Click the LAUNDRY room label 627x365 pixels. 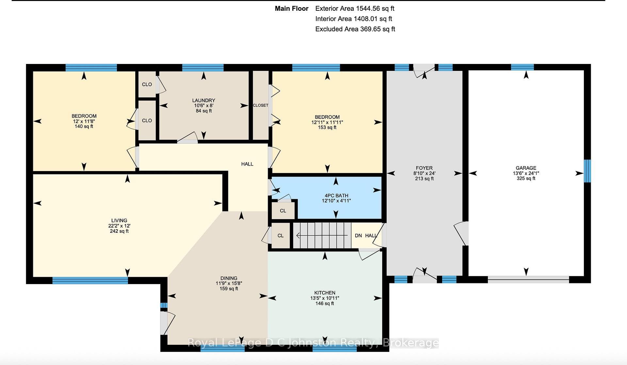[x=203, y=100]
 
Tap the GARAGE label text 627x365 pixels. [x=526, y=168]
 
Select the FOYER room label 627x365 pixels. [x=424, y=168]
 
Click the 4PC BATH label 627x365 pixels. [x=336, y=196]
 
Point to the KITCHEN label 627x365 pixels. [x=325, y=293]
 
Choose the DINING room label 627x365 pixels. [x=229, y=278]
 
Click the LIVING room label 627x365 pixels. [x=119, y=220]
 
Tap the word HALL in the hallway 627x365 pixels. [x=247, y=164]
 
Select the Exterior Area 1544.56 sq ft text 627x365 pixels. [x=355, y=8]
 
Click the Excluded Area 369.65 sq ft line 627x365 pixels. [x=355, y=29]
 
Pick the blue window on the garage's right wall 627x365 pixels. [x=587, y=171]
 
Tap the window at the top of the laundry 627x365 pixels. [x=203, y=68]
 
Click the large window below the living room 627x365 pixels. [x=90, y=280]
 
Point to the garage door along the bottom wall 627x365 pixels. [x=528, y=279]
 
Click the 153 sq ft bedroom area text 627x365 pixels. [x=327, y=127]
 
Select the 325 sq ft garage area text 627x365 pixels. [x=526, y=178]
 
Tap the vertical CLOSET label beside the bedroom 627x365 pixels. [x=261, y=105]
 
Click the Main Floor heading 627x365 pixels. [x=292, y=8]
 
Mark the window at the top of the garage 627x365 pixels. [x=522, y=67]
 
